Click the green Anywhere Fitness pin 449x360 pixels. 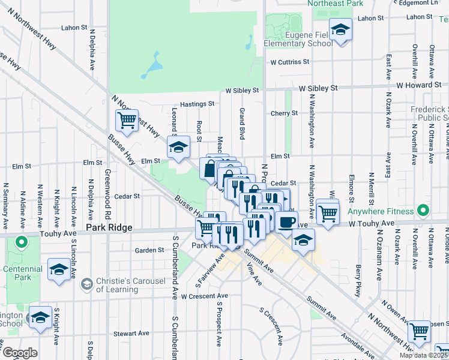click(423, 211)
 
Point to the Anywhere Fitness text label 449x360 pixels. click(383, 211)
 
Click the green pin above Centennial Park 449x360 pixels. click(22, 243)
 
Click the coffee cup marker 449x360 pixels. click(286, 222)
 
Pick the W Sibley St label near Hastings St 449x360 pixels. click(242, 91)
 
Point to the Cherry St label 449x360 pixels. click(284, 113)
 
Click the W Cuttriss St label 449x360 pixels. click(289, 61)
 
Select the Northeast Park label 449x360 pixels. click(336, 4)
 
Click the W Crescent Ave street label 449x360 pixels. click(205, 296)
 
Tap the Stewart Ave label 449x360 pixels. click(131, 333)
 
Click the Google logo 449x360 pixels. click(20, 353)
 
